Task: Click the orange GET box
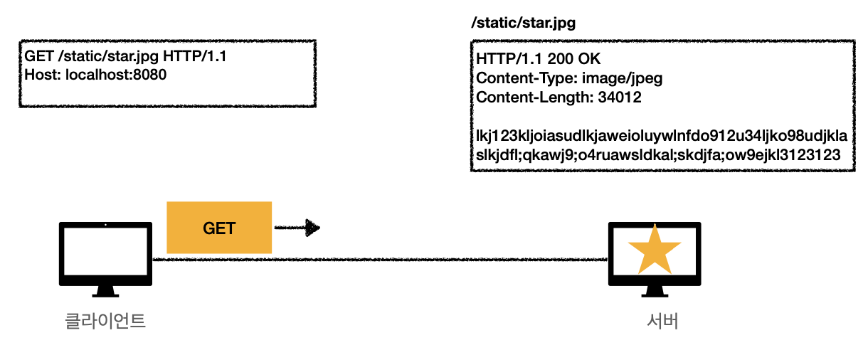click(219, 228)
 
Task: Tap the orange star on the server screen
click(655, 247)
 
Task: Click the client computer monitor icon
click(105, 257)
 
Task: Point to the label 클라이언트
click(105, 321)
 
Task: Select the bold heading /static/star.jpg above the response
click(523, 23)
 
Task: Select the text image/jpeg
click(623, 78)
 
